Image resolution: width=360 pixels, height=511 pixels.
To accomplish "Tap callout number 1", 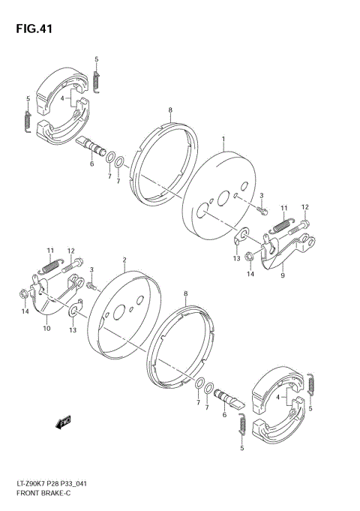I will pos(223,140).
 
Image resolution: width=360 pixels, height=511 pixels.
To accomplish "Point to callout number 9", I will pos(283,275).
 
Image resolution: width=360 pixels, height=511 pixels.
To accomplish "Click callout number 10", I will pos(46,327).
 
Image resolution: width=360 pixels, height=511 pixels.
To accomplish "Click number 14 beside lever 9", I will pos(251,274).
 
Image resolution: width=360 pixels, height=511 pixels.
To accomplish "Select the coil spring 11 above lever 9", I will pos(280,222).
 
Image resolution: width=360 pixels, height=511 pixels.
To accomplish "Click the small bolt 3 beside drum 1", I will pos(262,211).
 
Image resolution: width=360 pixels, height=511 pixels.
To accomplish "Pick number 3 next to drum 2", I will pos(91,269).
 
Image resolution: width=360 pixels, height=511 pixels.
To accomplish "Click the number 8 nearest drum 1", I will pos(171,110).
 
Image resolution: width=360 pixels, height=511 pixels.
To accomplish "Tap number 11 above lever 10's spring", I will pos(50,250).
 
